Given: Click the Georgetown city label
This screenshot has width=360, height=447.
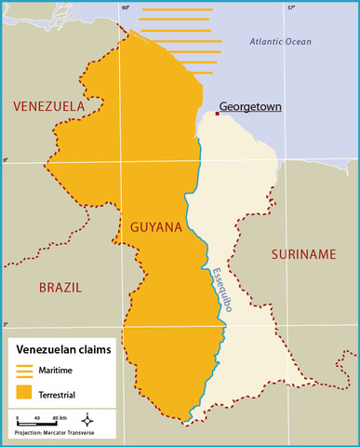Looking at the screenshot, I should [250, 106].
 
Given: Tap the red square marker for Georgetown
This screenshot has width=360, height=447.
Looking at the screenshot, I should [217, 114].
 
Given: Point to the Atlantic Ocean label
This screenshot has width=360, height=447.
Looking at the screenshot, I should [281, 42].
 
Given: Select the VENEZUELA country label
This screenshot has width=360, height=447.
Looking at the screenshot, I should [48, 107].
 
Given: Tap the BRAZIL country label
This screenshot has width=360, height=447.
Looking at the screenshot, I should [60, 288].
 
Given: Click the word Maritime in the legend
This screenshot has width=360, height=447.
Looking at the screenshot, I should [57, 372].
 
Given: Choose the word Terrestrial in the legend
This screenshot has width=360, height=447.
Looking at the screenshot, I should [60, 392].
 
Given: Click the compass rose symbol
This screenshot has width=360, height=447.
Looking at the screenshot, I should [87, 420].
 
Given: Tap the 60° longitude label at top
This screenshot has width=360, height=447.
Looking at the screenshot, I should [126, 7].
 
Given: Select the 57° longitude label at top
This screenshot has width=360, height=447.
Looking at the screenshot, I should [290, 7].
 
